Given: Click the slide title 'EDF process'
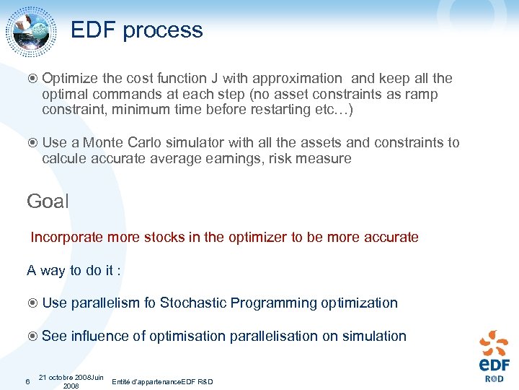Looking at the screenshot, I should click(137, 30).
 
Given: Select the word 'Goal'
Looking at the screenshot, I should click(48, 201).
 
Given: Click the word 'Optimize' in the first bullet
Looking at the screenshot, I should click(70, 78).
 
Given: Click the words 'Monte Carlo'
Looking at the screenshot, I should click(120, 142).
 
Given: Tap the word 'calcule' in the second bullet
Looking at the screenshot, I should click(65, 158).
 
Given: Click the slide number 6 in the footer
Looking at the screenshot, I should click(27, 381).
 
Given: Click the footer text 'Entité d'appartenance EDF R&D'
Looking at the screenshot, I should click(163, 381).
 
